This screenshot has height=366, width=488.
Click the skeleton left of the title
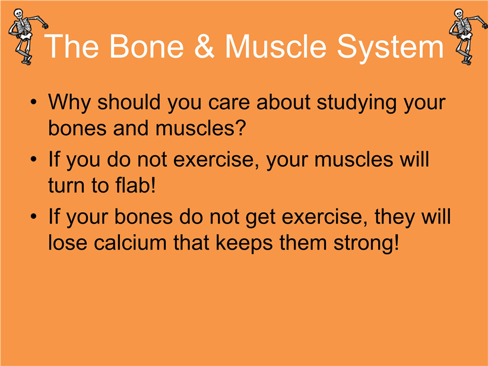tap(27, 36)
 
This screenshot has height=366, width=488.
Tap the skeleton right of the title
tap(468, 36)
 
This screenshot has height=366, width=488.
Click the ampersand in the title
tap(204, 46)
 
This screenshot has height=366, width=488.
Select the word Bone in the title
tap(146, 46)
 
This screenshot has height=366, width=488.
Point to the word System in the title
tap(390, 48)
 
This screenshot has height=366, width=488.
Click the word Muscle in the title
tap(275, 46)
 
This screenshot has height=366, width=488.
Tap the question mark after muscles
tap(240, 127)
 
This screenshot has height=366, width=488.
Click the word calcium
tap(130, 242)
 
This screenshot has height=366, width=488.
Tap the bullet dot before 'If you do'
tap(34, 159)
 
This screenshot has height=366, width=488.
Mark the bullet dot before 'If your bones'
tap(34, 216)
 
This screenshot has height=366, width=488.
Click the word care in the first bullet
tap(229, 103)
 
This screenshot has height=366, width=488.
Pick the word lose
tap(68, 242)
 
